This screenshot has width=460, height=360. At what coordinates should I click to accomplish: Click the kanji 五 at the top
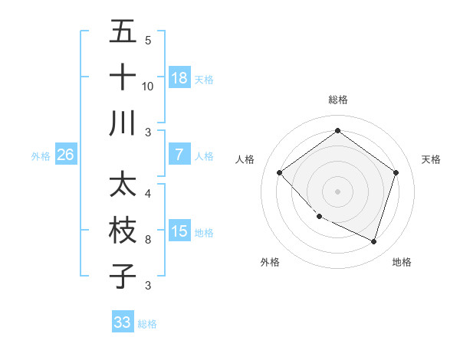coord(123,31)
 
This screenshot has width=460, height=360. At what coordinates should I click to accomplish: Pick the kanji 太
coord(123,185)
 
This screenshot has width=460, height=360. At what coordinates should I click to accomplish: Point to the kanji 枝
coord(123,231)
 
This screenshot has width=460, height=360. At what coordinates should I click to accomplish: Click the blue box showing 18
coord(179,78)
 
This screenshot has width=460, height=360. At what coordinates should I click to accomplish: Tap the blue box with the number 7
coord(179,155)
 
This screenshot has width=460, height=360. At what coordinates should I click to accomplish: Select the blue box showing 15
coord(179,231)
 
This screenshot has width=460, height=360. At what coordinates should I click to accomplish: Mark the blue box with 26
coord(66,155)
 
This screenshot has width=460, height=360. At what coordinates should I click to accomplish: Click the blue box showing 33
coord(123,322)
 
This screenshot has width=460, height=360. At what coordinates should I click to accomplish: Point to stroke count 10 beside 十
coord(148,87)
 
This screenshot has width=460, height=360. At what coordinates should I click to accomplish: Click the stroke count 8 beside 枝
coord(148,240)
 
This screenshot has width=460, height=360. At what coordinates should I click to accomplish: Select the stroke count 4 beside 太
coord(148,194)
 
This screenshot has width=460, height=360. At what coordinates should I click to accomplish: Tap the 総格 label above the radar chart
coord(337,100)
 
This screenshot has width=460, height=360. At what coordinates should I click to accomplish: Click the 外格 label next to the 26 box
coord(41,156)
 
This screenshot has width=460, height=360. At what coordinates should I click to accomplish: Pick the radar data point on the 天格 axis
coord(396,172)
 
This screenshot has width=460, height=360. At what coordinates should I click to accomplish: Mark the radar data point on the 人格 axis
coord(280,172)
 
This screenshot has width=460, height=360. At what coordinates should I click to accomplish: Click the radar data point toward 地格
coord(373,241)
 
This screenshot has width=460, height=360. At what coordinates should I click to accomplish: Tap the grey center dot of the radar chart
coord(337,191)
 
